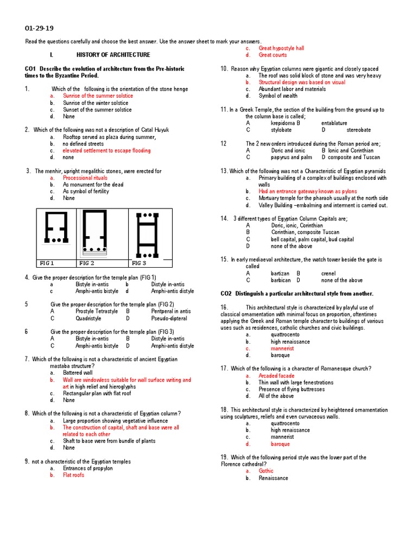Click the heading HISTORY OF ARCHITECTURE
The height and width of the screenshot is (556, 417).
point(113,55)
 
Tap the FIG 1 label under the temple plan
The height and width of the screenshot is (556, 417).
point(47,263)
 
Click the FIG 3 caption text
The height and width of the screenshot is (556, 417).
point(139,263)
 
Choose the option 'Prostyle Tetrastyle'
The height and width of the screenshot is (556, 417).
point(97,312)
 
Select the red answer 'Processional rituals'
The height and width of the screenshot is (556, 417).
point(85,178)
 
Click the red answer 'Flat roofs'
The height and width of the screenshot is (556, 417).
point(74,475)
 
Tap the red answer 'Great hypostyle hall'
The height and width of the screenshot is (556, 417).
point(281,48)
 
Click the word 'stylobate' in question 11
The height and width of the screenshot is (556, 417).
point(281,130)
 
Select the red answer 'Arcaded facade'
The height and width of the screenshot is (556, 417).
point(277,376)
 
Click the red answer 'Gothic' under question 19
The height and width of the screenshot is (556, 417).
point(266,471)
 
